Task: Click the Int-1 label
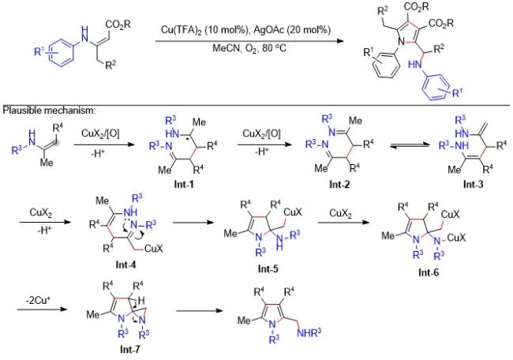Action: (x=184, y=184)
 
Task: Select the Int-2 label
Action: (x=339, y=184)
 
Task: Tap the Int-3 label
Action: (x=473, y=184)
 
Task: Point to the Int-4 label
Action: (x=125, y=264)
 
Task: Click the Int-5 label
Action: (x=268, y=268)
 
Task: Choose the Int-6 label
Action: (x=429, y=272)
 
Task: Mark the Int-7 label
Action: (x=130, y=349)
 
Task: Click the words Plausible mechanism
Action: (x=48, y=111)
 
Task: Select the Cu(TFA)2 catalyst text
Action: (x=181, y=30)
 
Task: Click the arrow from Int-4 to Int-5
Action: (x=193, y=223)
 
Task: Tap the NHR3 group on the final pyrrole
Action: (x=309, y=333)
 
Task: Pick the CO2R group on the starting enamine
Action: (x=118, y=24)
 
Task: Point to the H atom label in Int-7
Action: (x=141, y=300)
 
